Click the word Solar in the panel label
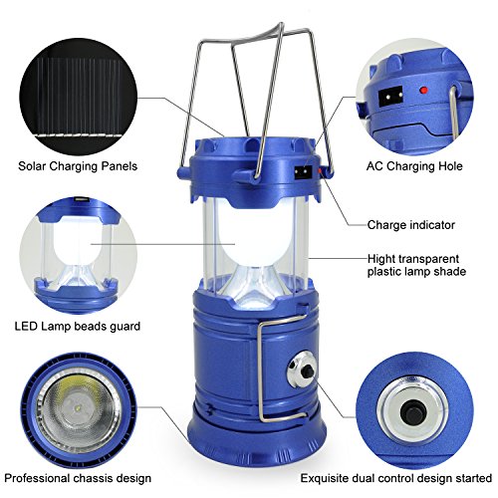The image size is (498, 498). click(x=31, y=166)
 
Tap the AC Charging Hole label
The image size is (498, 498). click(x=414, y=166)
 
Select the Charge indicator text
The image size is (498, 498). click(x=411, y=225)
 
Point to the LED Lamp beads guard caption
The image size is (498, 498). click(x=78, y=327)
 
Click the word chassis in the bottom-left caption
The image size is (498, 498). click(x=94, y=478)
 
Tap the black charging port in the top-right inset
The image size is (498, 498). click(x=390, y=97)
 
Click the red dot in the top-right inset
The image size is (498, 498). click(x=423, y=90)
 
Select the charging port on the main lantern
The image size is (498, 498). click(x=303, y=171)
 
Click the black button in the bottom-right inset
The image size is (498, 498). click(x=411, y=413)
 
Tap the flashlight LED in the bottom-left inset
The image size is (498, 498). click(x=79, y=406)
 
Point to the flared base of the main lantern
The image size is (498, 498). click(x=257, y=438)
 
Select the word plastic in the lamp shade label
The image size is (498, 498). click(x=386, y=272)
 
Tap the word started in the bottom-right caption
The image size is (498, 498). click(x=473, y=478)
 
